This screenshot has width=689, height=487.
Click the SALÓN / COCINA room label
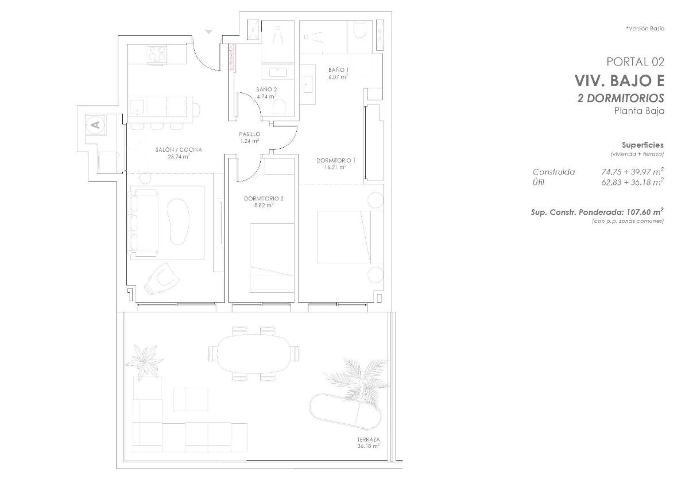(x=178, y=150)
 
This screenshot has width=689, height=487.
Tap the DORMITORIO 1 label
(x=336, y=160)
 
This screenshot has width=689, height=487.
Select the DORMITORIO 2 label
(x=264, y=199)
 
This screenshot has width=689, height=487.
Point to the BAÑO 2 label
(x=266, y=90)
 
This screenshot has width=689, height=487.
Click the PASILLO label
(x=250, y=134)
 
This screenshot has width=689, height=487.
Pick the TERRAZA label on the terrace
(x=368, y=440)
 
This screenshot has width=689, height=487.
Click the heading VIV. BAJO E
(x=619, y=80)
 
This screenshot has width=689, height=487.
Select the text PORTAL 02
(x=635, y=62)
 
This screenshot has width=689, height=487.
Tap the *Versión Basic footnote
(x=645, y=29)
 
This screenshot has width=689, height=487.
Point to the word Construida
(x=553, y=172)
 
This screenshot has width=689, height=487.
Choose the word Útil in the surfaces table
(x=539, y=182)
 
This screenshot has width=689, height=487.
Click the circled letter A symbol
(x=95, y=123)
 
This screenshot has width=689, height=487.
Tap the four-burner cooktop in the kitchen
(x=157, y=53)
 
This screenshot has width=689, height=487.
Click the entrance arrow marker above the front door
(x=209, y=32)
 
